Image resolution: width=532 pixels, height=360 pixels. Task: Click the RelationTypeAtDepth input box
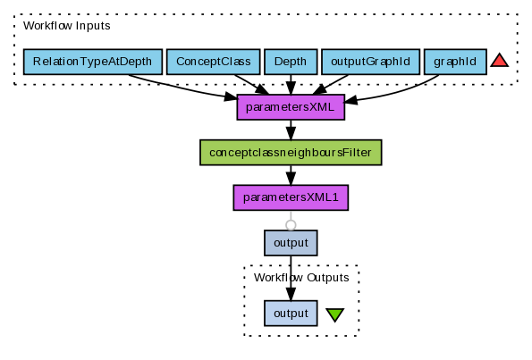pyautogui.click(x=93, y=62)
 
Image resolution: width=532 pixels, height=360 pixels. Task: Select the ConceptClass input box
pyautogui.click(x=214, y=62)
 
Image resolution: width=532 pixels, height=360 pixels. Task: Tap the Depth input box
pyautogui.click(x=291, y=62)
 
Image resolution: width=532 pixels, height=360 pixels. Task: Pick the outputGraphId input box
pyautogui.click(x=370, y=62)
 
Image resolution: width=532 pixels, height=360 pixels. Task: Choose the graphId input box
pyautogui.click(x=455, y=62)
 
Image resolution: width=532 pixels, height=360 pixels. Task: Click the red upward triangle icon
pyautogui.click(x=500, y=61)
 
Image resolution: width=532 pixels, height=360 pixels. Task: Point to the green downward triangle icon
pyautogui.click(x=335, y=314)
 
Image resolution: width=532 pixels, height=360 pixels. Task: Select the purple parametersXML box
pyautogui.click(x=291, y=107)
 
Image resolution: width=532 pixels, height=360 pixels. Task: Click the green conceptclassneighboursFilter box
pyautogui.click(x=291, y=153)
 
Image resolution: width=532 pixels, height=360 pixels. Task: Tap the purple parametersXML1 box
pyautogui.click(x=291, y=197)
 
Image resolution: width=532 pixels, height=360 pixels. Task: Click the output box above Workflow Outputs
pyautogui.click(x=291, y=243)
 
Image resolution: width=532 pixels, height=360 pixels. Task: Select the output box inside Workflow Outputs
pyautogui.click(x=291, y=314)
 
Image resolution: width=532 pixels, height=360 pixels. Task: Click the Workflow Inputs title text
pyautogui.click(x=67, y=26)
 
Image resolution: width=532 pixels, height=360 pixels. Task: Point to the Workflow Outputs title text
pyautogui.click(x=301, y=278)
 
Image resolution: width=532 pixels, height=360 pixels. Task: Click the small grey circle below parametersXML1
pyautogui.click(x=291, y=225)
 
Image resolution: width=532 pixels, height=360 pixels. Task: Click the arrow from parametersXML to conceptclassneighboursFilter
pyautogui.click(x=291, y=130)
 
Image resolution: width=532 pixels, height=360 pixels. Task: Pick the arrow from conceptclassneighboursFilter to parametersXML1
pyautogui.click(x=291, y=175)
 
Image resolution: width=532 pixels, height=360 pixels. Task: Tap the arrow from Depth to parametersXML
pyautogui.click(x=291, y=85)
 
